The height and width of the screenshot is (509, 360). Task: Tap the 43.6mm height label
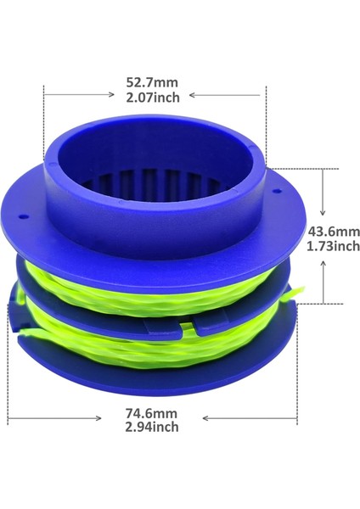(x=333, y=231)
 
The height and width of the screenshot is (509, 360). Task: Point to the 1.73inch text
(x=333, y=246)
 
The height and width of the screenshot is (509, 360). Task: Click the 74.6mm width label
(x=153, y=413)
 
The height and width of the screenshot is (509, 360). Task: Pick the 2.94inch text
(x=153, y=428)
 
